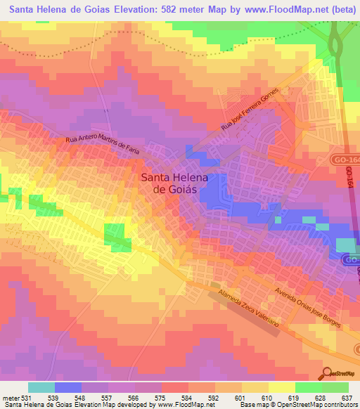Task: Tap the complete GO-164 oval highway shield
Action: point(347,161)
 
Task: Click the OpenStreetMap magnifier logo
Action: point(328,372)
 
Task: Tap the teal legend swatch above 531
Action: point(41,387)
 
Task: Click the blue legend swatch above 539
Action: point(68,387)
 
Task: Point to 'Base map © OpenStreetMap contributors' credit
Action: point(300,405)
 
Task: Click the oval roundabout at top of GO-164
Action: point(335,48)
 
